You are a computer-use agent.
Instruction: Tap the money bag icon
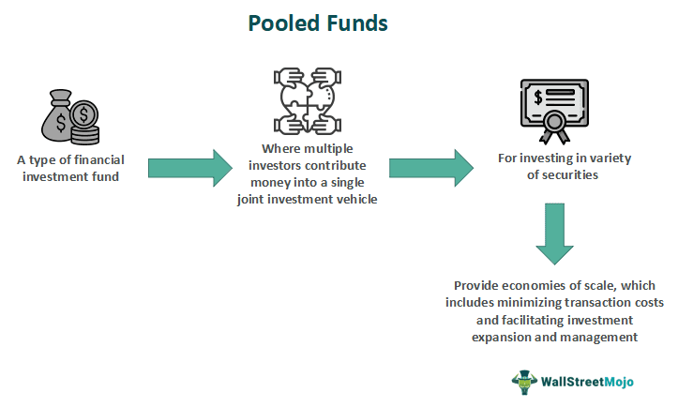click(x=62, y=117)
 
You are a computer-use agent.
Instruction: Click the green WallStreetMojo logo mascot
click(x=523, y=381)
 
